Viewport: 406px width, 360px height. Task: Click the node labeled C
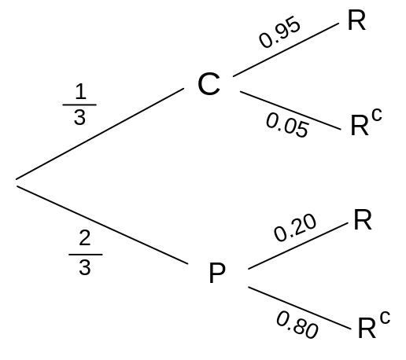coord(209,84)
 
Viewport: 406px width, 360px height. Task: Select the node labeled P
coord(217,273)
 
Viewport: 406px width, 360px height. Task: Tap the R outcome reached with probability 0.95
coord(356,20)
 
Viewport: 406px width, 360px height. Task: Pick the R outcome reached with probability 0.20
coord(363,219)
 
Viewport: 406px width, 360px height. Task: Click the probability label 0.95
coord(279,32)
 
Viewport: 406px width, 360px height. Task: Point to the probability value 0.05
coord(287,125)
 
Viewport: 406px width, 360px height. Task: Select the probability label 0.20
coord(295,227)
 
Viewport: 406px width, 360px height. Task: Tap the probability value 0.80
coord(297,325)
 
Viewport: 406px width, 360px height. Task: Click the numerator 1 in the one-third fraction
coord(80,91)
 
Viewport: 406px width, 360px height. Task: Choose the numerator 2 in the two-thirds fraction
coord(85,237)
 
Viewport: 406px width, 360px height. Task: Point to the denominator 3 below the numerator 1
coord(79,117)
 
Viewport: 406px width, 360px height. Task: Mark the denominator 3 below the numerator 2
coord(85,267)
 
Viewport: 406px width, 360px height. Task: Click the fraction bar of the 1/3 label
coord(79,105)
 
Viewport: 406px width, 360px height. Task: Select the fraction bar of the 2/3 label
coord(86,255)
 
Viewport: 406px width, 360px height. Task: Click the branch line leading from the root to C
coord(100,134)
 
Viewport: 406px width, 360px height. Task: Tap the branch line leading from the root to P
coord(102,225)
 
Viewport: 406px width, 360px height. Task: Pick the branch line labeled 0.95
coord(286,50)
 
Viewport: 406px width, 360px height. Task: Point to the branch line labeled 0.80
coord(300,308)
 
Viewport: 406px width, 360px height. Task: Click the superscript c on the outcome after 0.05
coord(377,115)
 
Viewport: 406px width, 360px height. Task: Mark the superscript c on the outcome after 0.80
coord(385,318)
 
